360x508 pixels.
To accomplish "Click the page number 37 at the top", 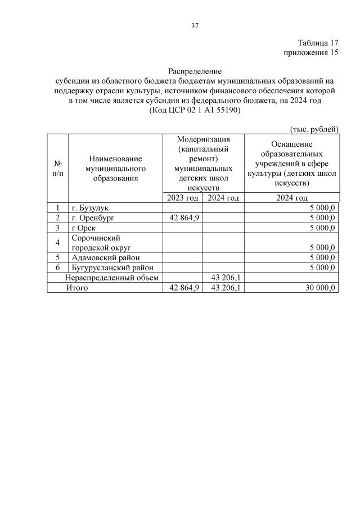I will [195, 26].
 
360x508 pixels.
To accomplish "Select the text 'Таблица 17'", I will [318, 43].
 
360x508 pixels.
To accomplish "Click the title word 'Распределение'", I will [195, 71].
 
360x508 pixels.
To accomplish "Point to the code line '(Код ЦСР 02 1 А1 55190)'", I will [195, 111].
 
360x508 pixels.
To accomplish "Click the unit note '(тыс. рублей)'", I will [314, 129].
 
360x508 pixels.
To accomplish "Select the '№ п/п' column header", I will [57, 168].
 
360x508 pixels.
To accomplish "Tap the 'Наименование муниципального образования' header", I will [115, 168].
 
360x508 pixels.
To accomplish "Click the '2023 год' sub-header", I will [182, 198].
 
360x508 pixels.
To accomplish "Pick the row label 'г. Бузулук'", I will [90, 208].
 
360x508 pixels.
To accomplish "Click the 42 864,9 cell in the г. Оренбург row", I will [183, 217].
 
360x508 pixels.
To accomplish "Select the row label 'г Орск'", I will [84, 228].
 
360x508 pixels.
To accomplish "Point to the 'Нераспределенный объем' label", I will [112, 278].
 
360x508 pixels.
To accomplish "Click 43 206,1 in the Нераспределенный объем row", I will [224, 278].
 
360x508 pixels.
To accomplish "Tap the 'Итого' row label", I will [77, 288].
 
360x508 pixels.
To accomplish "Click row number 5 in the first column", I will [57, 257].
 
